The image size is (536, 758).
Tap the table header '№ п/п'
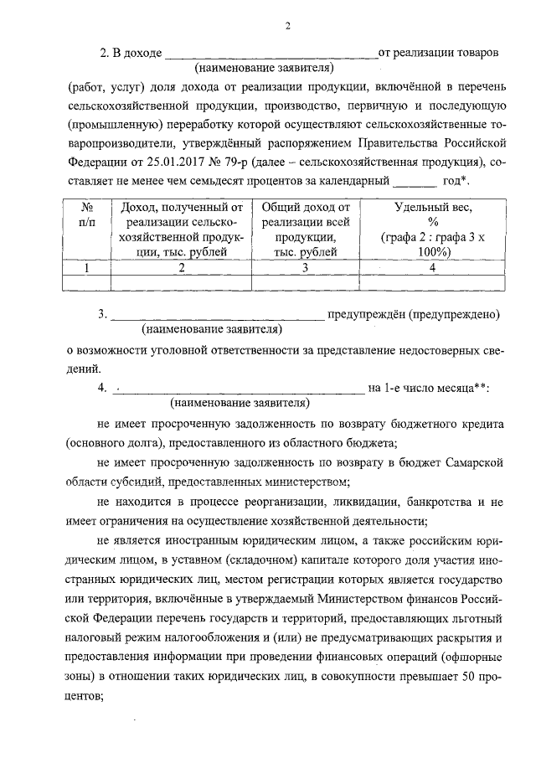(x=86, y=215)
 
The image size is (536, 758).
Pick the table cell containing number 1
(x=86, y=268)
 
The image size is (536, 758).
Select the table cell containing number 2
(x=181, y=268)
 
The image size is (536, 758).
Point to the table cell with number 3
(x=306, y=268)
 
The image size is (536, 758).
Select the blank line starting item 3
(x=217, y=317)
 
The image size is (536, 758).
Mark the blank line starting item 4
(x=239, y=389)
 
